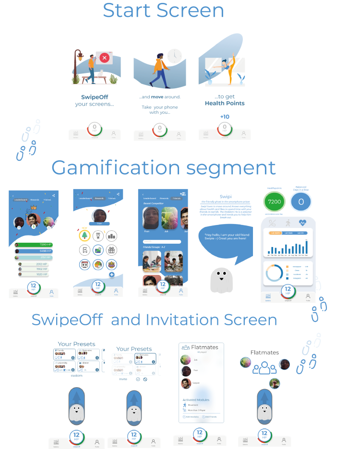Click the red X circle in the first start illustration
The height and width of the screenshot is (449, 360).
point(105,59)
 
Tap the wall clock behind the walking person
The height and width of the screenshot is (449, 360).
point(174,56)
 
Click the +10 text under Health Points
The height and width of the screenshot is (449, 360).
point(224,117)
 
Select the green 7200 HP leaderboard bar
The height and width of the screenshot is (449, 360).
point(34,245)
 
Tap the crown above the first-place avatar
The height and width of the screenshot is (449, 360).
point(34,208)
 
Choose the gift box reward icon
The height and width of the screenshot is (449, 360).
point(112,250)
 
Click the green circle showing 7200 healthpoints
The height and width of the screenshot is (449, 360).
point(275,202)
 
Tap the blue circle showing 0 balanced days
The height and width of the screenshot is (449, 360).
point(301,202)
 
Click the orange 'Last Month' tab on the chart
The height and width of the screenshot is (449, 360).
point(275,233)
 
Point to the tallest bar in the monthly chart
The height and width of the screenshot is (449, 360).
point(306,247)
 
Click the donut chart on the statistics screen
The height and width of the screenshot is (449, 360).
point(275,273)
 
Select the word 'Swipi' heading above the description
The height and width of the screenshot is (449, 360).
point(226,197)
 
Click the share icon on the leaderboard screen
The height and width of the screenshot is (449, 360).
point(53,195)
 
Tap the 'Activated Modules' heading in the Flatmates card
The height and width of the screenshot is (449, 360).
point(196,399)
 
